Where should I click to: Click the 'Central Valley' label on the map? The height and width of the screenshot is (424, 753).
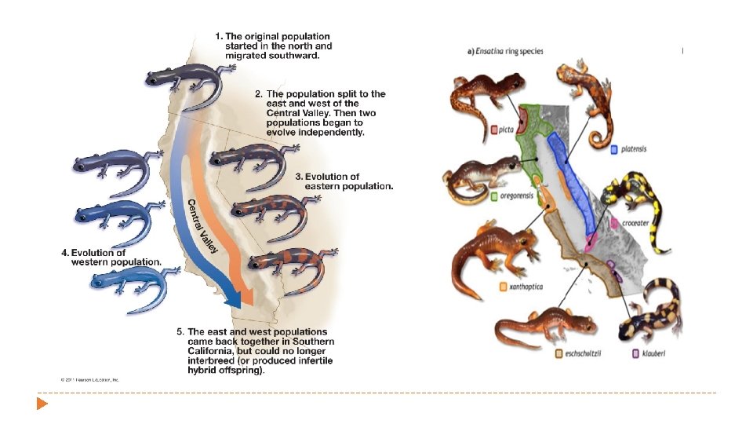point(202,227)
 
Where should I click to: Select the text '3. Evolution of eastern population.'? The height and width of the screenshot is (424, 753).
point(344,181)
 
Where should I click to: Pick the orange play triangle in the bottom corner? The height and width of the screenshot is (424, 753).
point(42,404)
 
